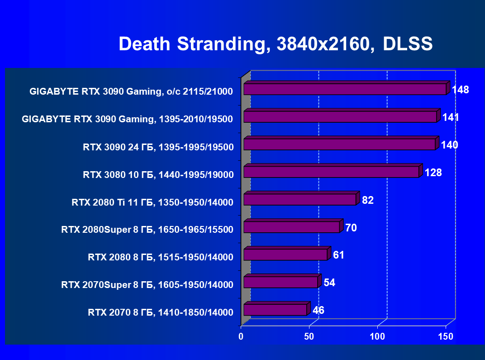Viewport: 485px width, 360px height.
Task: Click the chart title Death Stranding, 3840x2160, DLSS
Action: tap(276, 44)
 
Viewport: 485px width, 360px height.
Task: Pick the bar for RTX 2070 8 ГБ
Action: tap(275, 310)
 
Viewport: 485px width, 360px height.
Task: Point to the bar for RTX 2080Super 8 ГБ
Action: tap(291, 227)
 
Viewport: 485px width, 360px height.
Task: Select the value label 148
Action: tap(460, 90)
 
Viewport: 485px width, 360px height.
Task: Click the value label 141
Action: tap(451, 118)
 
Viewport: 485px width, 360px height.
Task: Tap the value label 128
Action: tap(433, 173)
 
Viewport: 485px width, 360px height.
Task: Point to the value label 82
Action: tap(367, 200)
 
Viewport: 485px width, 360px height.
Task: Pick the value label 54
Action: tap(329, 283)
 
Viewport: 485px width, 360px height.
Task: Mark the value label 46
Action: tap(318, 310)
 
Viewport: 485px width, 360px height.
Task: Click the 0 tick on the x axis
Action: tap(241, 336)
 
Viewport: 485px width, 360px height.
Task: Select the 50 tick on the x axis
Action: tap(309, 336)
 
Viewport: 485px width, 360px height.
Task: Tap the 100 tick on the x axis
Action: tap(377, 336)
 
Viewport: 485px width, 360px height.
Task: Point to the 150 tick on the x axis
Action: tap(446, 336)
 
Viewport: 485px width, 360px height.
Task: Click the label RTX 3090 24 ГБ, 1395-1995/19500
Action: tap(158, 147)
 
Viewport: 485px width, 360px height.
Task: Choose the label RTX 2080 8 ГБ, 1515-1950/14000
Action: tap(161, 258)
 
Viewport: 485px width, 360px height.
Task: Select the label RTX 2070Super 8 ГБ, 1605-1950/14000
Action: tap(147, 285)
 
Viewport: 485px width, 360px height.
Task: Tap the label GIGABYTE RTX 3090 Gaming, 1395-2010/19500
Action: tap(127, 120)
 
